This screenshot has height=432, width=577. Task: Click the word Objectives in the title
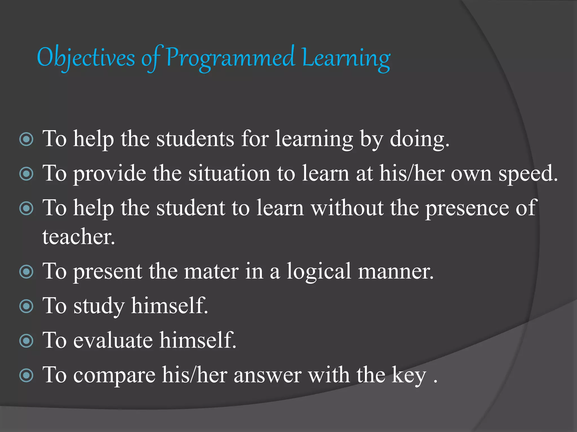coord(86,58)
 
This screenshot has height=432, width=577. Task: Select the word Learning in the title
coord(346,58)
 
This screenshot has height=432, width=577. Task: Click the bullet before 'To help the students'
coord(26,139)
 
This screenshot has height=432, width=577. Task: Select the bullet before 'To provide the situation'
coord(26,174)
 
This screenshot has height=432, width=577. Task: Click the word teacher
coord(78,237)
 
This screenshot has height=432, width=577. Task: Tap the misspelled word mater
coord(211,271)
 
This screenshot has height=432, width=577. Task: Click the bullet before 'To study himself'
coord(26,306)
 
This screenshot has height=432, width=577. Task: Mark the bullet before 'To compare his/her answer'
coord(26,375)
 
